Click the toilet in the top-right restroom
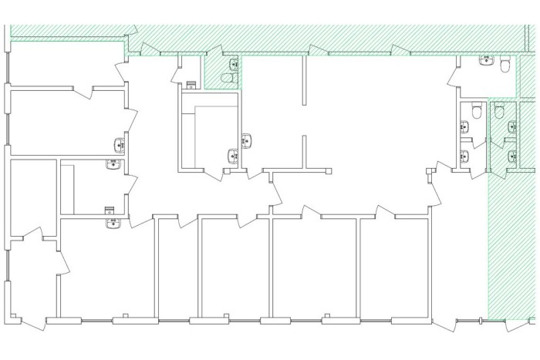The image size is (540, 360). pos(505,66)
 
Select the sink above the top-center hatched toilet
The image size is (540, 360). pos(233,63)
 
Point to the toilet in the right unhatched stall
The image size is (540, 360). pos(478,113)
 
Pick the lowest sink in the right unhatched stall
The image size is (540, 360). pos(464,156)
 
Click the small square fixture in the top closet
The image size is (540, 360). pos(192,84)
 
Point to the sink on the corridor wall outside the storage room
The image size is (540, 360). pos(247,141)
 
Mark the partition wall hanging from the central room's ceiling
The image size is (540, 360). pos(305,81)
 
